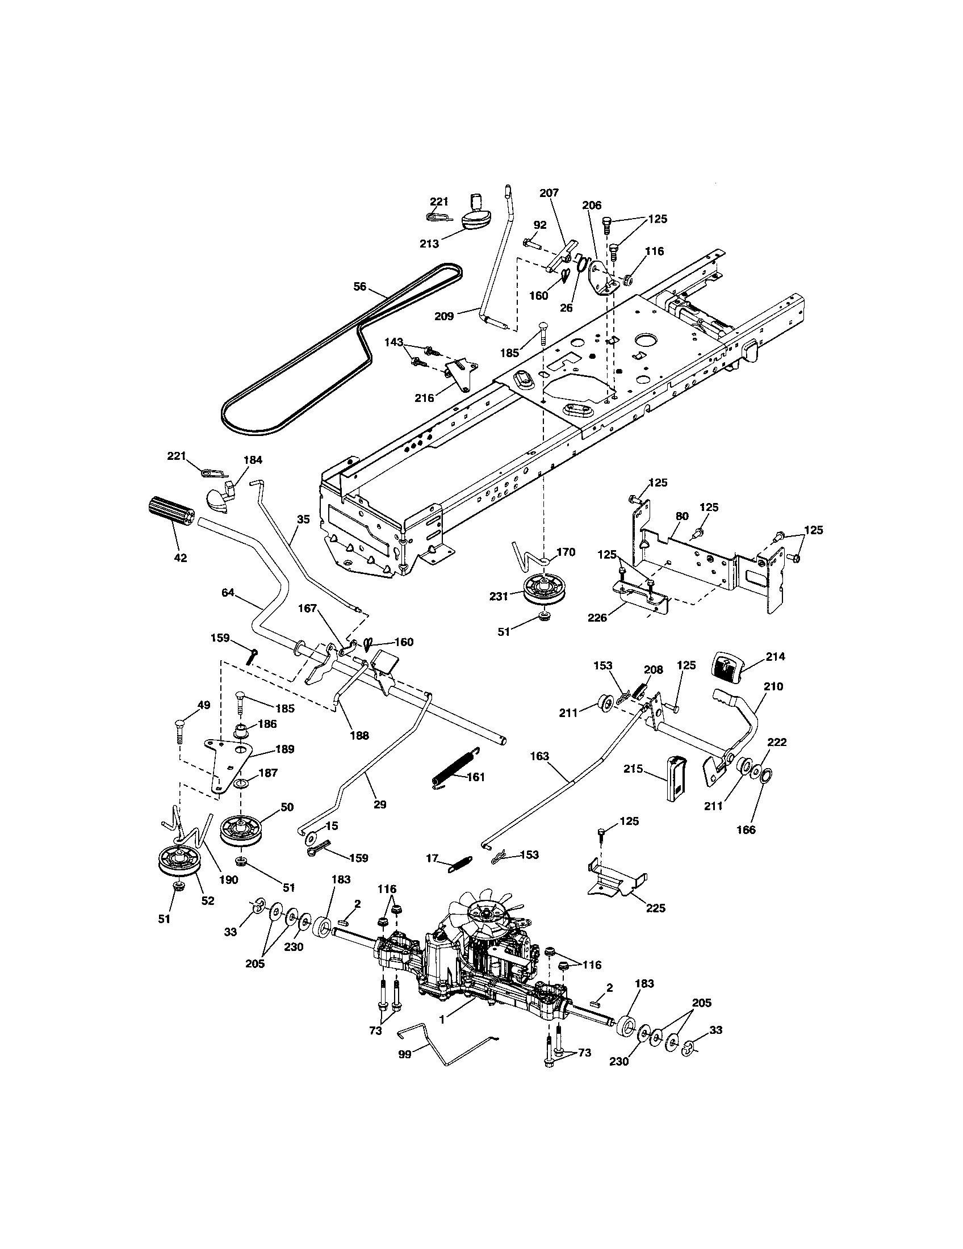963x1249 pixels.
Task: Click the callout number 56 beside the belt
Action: point(359,287)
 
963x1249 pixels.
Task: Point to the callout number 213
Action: point(429,244)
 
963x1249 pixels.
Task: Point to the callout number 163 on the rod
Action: point(539,756)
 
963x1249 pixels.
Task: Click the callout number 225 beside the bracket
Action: point(655,908)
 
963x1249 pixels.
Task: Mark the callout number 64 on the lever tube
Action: point(228,593)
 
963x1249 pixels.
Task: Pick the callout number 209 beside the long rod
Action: point(445,316)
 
